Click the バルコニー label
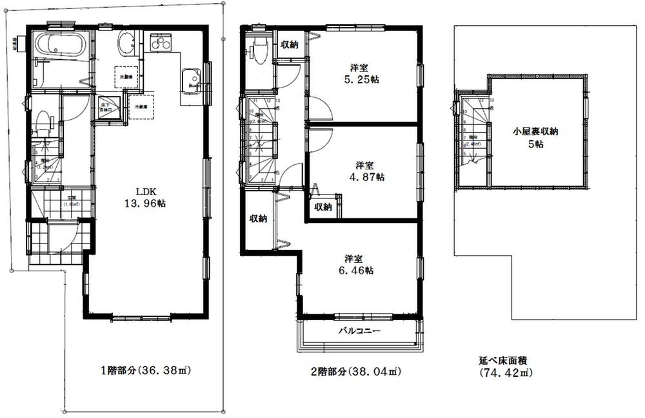[362, 330]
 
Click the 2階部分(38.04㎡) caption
[353, 372]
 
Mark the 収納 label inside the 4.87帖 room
[323, 207]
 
